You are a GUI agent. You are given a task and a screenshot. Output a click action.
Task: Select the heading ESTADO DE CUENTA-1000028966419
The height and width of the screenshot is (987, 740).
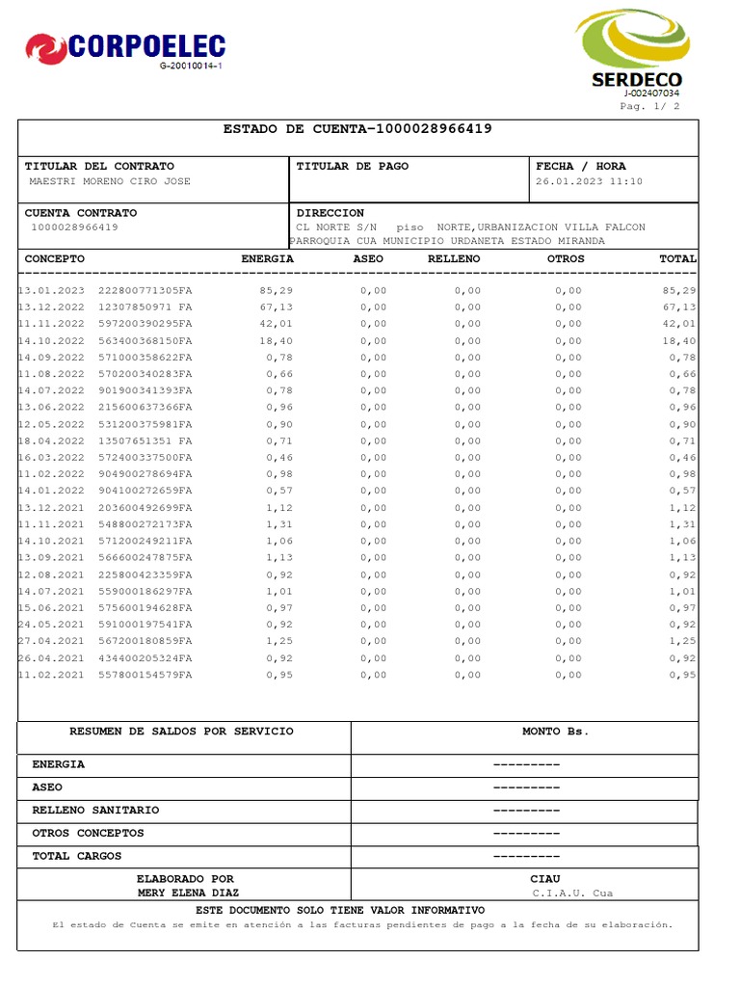(357, 129)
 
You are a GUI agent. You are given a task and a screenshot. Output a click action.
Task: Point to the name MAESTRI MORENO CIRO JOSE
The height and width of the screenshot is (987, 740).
(110, 181)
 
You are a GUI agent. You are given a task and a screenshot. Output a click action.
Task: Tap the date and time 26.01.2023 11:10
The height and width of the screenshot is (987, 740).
(589, 181)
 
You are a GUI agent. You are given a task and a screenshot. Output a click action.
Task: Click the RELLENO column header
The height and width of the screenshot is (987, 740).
(454, 259)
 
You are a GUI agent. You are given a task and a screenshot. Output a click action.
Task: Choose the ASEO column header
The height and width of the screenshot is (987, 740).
(368, 259)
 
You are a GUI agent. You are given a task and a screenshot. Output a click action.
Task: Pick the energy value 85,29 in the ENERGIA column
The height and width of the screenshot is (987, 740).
(277, 290)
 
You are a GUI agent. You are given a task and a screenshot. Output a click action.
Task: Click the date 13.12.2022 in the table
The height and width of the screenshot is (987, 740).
(52, 307)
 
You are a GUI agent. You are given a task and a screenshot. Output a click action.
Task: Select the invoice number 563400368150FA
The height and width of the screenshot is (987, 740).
(145, 340)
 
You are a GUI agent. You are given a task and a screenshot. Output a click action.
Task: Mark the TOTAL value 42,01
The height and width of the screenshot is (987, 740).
(678, 324)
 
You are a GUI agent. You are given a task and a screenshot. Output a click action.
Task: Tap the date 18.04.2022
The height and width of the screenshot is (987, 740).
(52, 440)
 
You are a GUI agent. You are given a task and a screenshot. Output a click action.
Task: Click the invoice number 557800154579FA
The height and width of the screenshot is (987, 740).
(145, 675)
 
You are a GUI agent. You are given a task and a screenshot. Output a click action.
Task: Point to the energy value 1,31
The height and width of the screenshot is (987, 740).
(279, 524)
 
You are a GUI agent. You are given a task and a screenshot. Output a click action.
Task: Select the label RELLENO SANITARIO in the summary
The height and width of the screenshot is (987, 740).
(95, 810)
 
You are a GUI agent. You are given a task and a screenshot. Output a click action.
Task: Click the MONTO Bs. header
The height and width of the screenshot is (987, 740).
(555, 732)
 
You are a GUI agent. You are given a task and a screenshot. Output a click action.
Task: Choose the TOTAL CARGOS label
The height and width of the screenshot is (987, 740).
(77, 856)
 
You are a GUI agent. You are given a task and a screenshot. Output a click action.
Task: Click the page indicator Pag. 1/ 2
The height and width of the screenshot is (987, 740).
(650, 106)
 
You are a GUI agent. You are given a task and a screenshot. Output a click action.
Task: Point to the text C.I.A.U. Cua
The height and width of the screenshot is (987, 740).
(572, 893)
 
